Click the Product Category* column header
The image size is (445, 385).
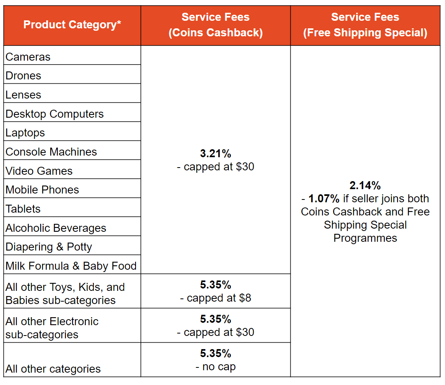(72, 25)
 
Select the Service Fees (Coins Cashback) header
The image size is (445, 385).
(215, 25)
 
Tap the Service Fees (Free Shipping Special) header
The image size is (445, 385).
(365, 25)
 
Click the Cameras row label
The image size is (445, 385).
(28, 57)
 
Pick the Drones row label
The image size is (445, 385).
(24, 76)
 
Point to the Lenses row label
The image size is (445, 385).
(24, 95)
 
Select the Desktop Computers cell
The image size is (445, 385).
(55, 114)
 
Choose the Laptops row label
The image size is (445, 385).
(26, 133)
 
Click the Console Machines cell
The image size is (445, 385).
(51, 152)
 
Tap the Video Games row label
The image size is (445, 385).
(39, 171)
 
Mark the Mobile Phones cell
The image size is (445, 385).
(42, 190)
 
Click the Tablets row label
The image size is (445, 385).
(23, 209)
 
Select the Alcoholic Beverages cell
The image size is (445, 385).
(56, 228)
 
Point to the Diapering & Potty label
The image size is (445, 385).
(49, 247)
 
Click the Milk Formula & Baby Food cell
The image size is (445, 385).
(71, 266)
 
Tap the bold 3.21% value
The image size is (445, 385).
(215, 154)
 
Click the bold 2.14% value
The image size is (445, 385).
(365, 186)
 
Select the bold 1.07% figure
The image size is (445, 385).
(324, 199)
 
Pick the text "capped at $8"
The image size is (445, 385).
(219, 298)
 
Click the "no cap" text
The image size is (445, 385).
(219, 367)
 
